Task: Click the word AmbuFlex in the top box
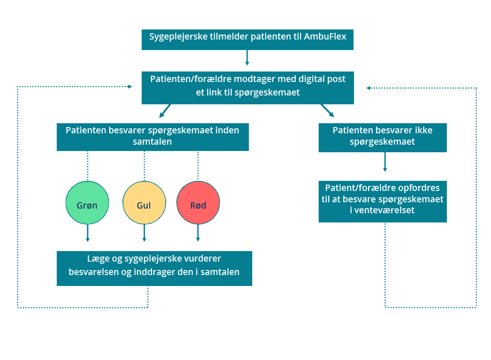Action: click(325, 37)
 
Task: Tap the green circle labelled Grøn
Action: click(87, 203)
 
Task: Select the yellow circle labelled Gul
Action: click(144, 203)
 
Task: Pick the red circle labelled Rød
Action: click(198, 203)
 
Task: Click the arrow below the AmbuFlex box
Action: click(247, 58)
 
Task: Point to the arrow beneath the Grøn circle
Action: click(88, 233)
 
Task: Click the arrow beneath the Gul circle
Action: click(144, 233)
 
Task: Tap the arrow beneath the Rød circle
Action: click(198, 233)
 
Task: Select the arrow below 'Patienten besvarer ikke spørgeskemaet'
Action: click(385, 162)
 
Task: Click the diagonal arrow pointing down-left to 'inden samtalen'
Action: click(165, 111)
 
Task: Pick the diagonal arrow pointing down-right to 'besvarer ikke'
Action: click(327, 111)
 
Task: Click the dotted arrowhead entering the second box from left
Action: click(130, 87)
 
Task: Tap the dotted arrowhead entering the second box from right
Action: click(369, 88)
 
